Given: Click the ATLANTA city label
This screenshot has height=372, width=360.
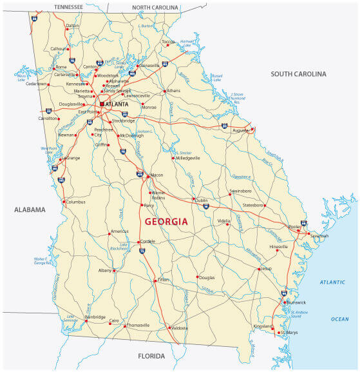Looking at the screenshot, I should click(x=118, y=104).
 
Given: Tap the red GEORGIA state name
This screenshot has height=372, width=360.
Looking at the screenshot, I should click(x=167, y=221).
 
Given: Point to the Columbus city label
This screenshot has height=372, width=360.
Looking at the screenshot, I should click(x=76, y=202).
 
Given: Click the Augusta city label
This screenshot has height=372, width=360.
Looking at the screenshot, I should click(x=240, y=130).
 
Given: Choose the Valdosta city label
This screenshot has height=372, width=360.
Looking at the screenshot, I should click(x=180, y=328).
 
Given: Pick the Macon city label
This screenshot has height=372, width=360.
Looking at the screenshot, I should click(x=156, y=175).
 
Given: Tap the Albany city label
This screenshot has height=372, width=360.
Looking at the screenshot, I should click(x=105, y=271).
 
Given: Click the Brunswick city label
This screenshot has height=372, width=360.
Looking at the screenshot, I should click(x=296, y=302).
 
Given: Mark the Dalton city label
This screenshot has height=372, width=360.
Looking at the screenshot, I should click(x=73, y=26).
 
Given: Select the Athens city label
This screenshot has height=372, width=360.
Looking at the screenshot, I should click(x=174, y=91).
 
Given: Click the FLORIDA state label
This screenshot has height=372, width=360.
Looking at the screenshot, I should click(x=151, y=356).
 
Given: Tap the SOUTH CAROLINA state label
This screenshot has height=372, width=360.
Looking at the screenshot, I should click(x=298, y=74).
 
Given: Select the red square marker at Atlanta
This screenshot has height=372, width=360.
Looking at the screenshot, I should click(x=101, y=104).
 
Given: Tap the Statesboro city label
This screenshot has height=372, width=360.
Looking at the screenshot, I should click(x=253, y=205).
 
